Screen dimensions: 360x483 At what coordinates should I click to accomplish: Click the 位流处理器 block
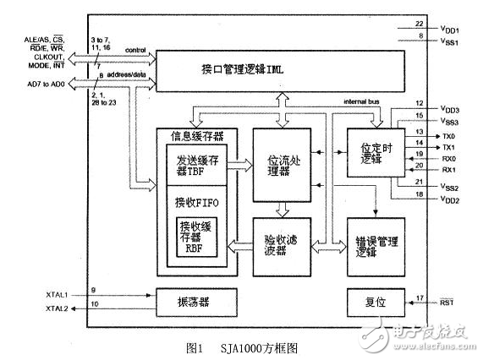[283, 163]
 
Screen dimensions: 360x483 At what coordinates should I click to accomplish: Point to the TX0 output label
[449, 135]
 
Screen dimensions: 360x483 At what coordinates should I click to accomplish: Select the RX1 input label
[449, 170]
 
